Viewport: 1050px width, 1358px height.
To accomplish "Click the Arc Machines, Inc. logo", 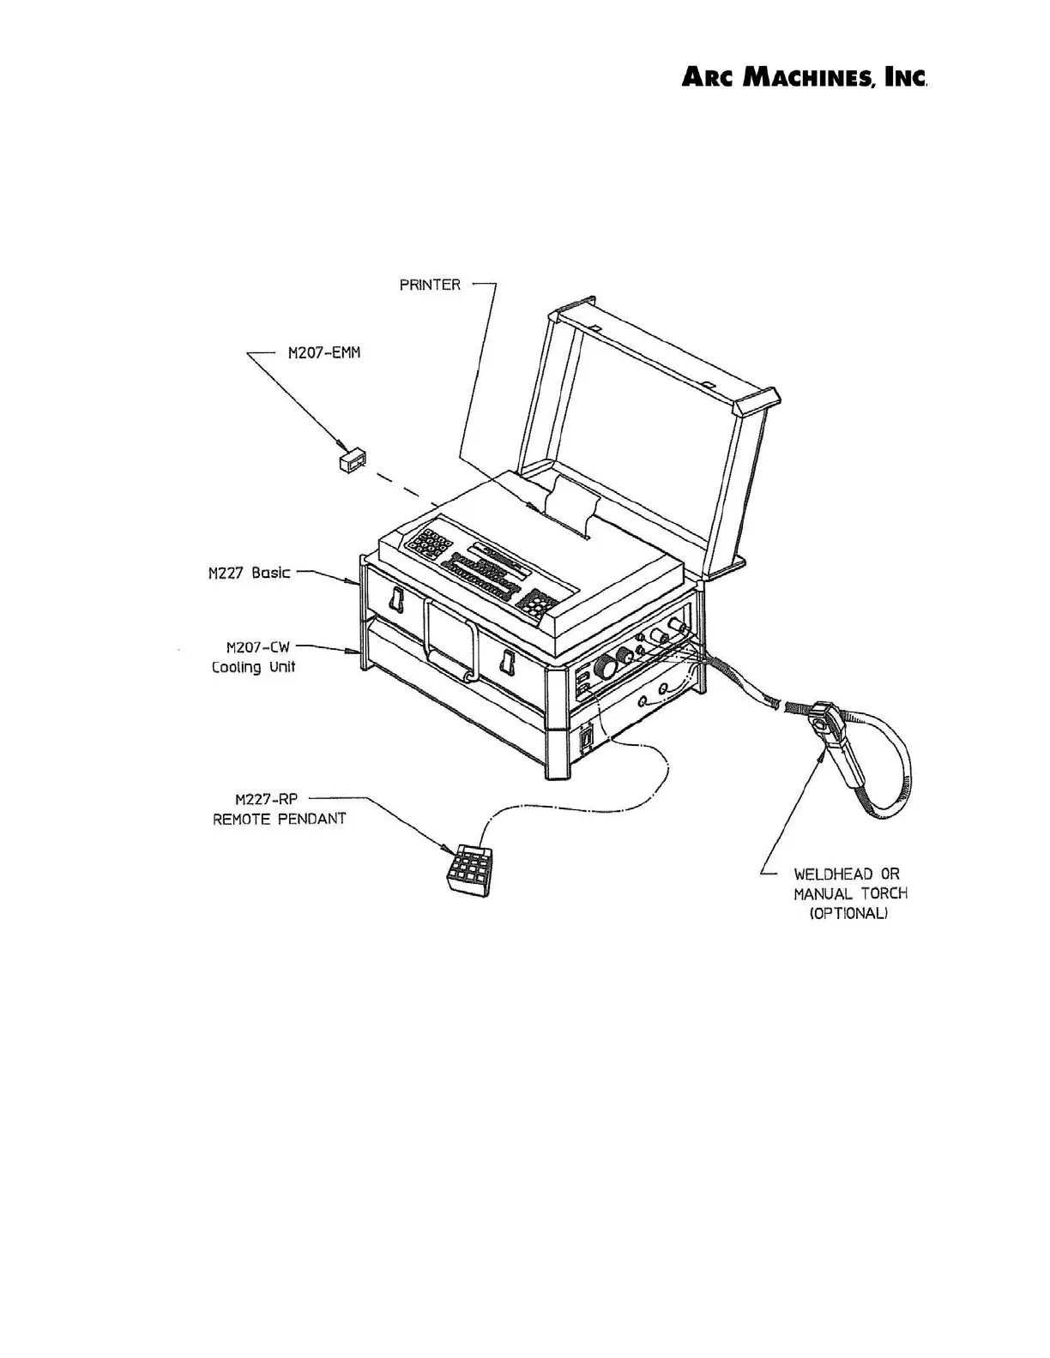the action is tap(804, 78).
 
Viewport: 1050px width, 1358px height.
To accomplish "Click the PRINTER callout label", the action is tap(430, 285).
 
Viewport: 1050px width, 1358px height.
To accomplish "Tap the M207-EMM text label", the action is tap(323, 353).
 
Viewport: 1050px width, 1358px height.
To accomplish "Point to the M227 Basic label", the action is tap(249, 573).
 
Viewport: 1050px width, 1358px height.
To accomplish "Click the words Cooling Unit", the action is tap(253, 667).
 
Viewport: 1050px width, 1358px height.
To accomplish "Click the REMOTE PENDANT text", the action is tap(279, 819).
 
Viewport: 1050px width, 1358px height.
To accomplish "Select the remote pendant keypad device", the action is tap(468, 871).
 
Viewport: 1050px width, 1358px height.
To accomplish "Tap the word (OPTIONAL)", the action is tap(848, 914).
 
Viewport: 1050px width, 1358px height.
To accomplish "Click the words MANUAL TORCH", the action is tap(850, 893).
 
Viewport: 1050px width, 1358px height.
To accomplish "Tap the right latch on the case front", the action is tap(507, 664).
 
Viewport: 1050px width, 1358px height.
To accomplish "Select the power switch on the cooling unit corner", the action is tap(587, 739).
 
